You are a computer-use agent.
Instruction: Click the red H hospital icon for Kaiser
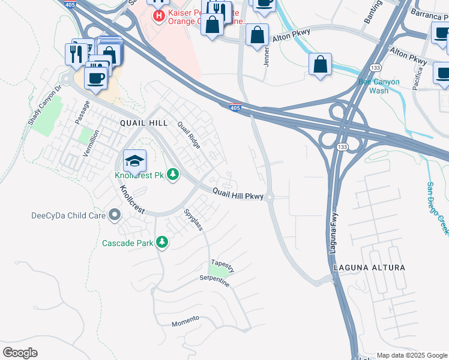(159, 16)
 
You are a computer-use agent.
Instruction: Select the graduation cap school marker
(135, 161)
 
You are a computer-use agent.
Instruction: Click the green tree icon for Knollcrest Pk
(173, 175)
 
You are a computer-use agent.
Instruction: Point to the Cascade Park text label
(127, 243)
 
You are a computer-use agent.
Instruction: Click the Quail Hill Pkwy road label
(238, 194)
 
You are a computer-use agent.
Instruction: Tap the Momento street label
(185, 320)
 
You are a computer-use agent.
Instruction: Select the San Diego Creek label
(438, 208)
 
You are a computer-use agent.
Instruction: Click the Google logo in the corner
(20, 353)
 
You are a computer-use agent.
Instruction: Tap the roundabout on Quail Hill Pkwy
(270, 196)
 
